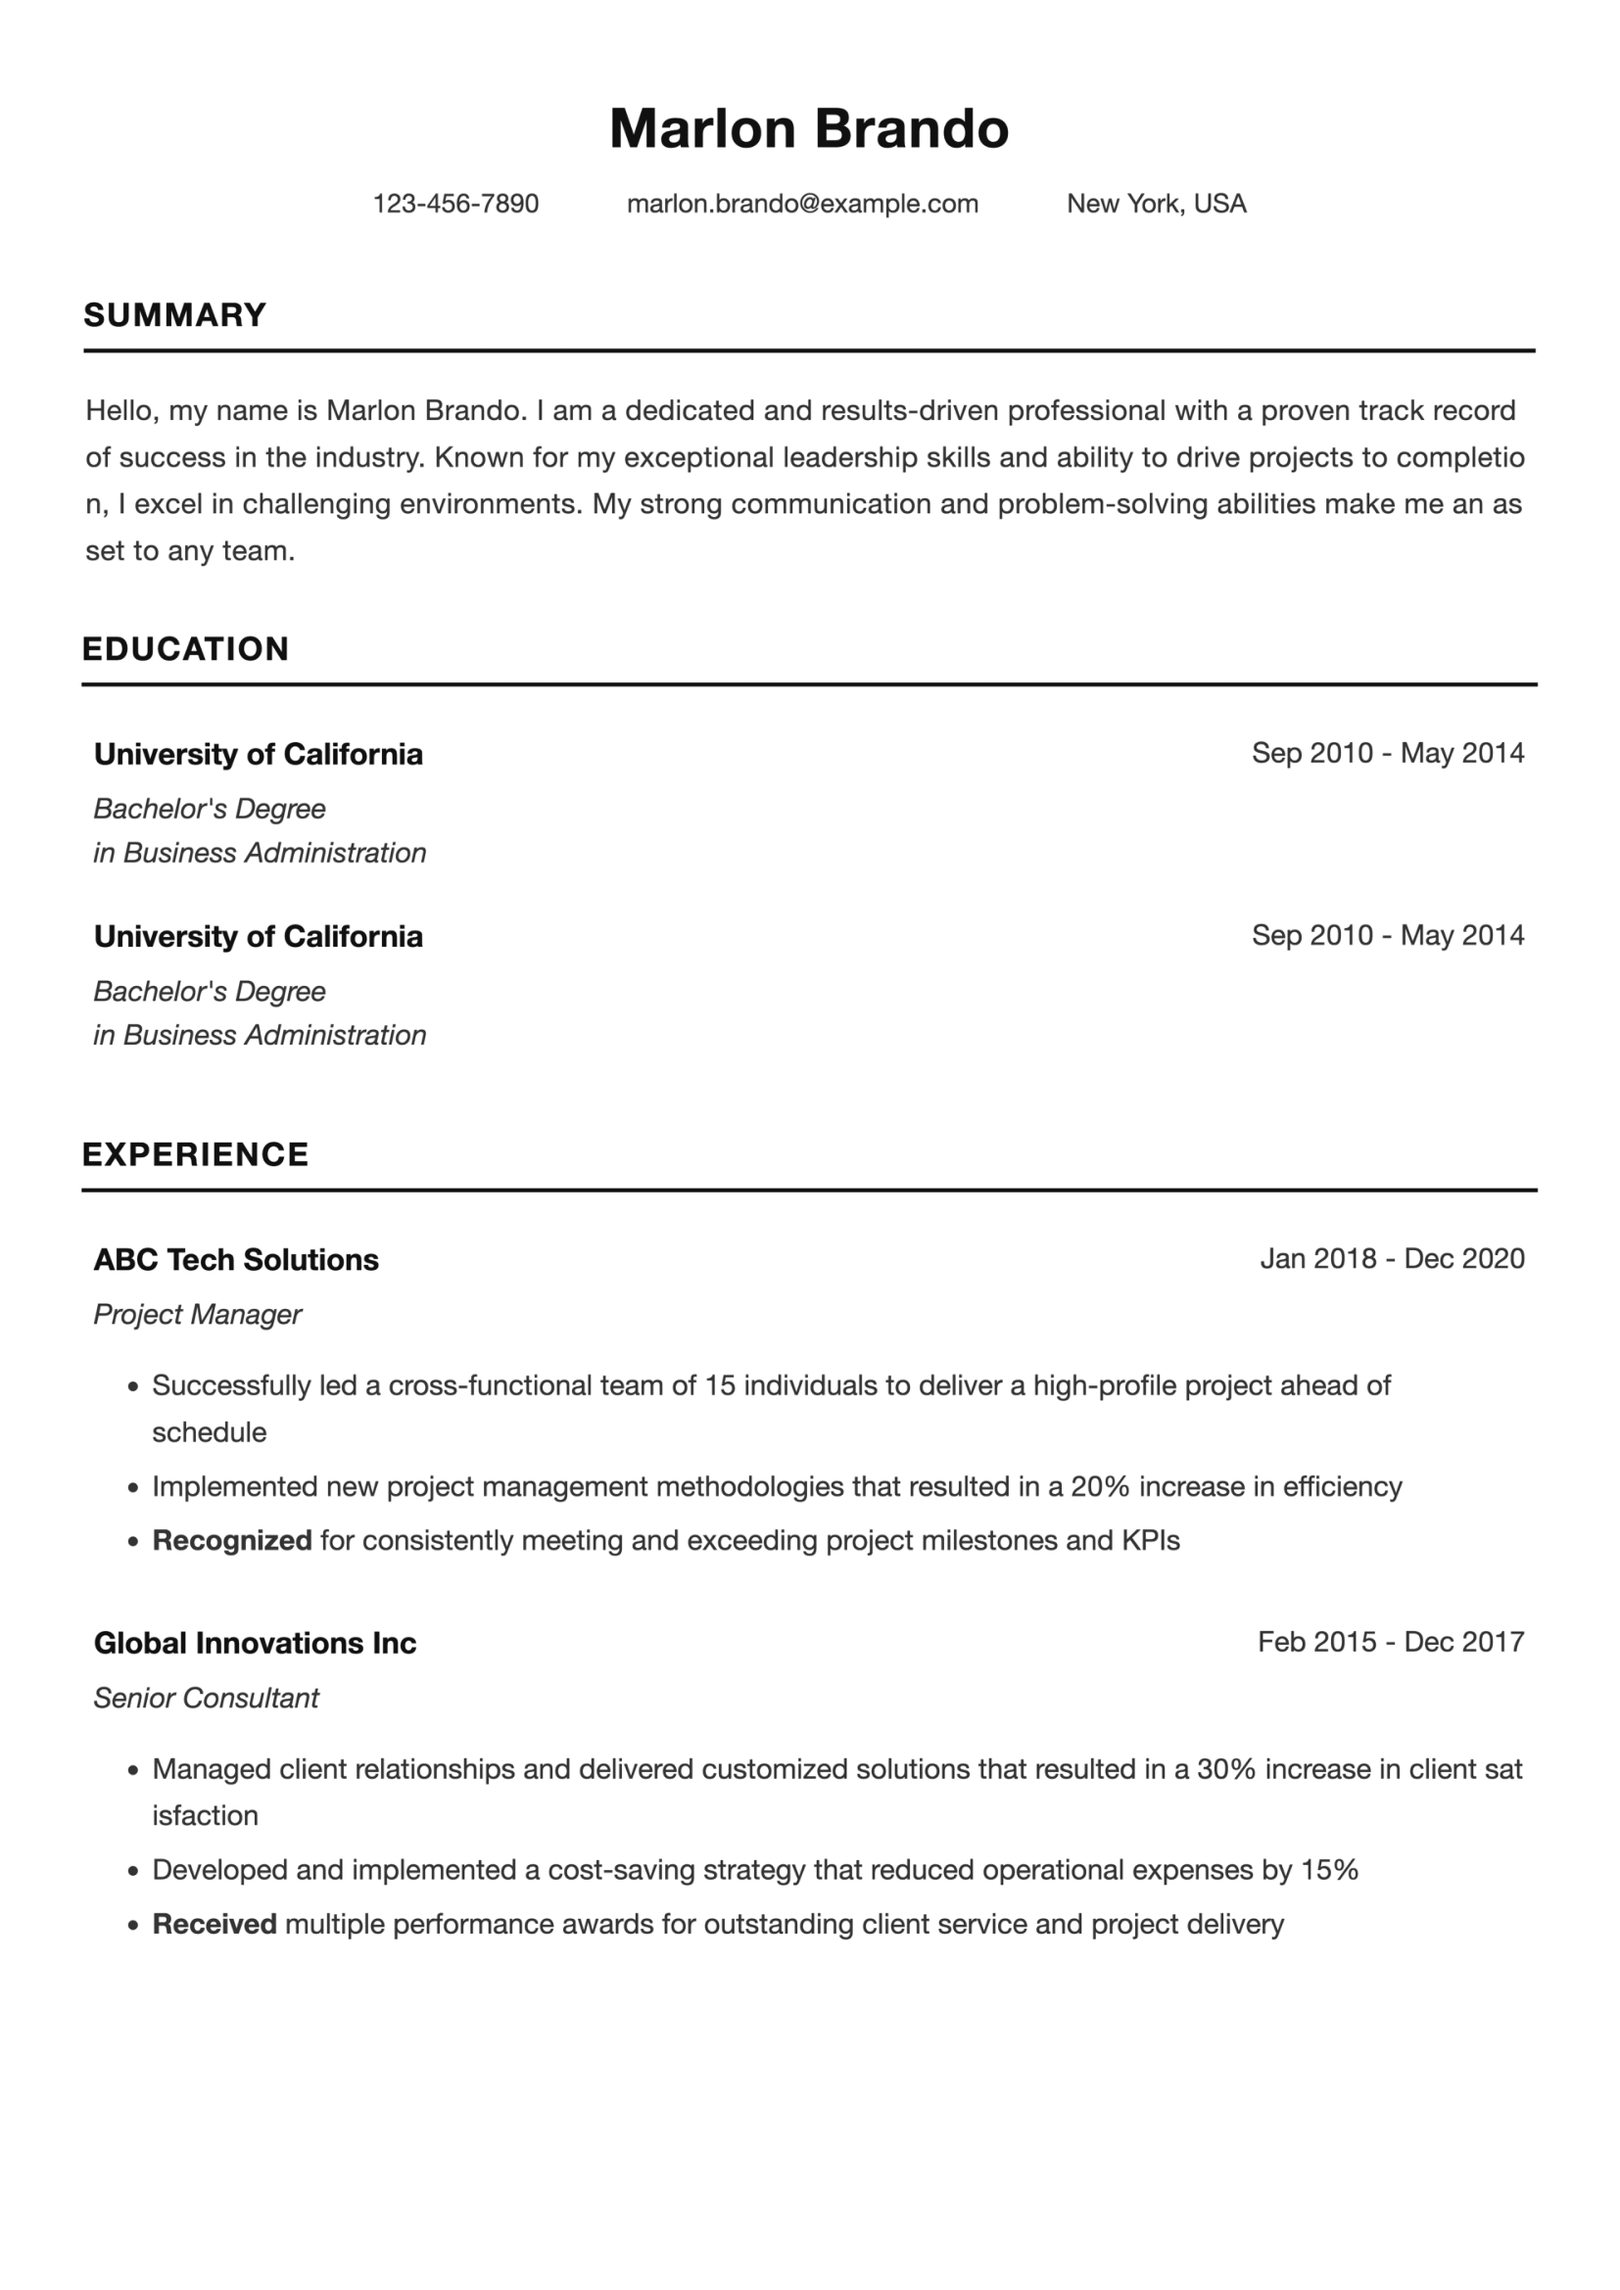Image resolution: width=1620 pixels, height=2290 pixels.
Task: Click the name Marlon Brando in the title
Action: coord(809,129)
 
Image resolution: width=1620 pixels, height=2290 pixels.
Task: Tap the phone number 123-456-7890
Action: coord(455,204)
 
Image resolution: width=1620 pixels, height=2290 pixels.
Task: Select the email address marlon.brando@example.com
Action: coord(802,204)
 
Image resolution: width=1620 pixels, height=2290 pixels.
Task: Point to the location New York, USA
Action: coord(1156,204)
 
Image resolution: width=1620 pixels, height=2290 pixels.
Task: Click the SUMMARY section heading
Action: coord(174,315)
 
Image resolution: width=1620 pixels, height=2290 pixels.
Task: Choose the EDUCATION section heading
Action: coord(185,649)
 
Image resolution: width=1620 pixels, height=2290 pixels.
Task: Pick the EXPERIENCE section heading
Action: coord(196,1154)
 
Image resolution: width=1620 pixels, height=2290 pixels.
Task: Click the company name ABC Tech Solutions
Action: coord(236,1260)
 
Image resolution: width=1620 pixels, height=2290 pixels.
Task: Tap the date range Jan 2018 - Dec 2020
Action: coord(1392,1259)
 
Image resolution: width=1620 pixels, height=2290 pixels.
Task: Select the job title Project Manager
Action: coord(198,1315)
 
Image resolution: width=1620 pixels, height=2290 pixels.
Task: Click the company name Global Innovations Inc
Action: coord(256,1643)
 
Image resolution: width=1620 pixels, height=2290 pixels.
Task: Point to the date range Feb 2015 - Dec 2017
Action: coord(1391,1642)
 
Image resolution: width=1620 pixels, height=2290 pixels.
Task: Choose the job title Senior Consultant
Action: coord(207,1698)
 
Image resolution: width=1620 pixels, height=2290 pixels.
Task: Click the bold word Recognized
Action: coord(232,1541)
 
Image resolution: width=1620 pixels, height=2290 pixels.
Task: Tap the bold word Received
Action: coord(214,1924)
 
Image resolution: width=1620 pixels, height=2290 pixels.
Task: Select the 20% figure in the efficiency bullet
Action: coord(1099,1487)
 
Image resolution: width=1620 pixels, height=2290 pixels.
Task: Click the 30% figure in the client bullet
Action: coord(1226,1769)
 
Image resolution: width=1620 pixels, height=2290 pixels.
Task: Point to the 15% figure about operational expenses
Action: coord(1330,1870)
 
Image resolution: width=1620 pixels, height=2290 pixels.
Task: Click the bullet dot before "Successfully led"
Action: coord(132,1387)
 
